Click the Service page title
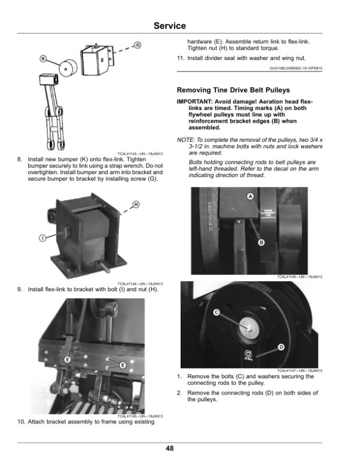[x=170, y=26]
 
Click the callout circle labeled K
[x=43, y=58]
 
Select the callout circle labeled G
[x=137, y=45]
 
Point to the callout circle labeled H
[x=136, y=205]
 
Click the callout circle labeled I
[x=43, y=238]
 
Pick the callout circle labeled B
[x=261, y=242]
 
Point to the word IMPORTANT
[x=193, y=101]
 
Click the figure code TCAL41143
[x=129, y=154]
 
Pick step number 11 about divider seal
[x=179, y=58]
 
